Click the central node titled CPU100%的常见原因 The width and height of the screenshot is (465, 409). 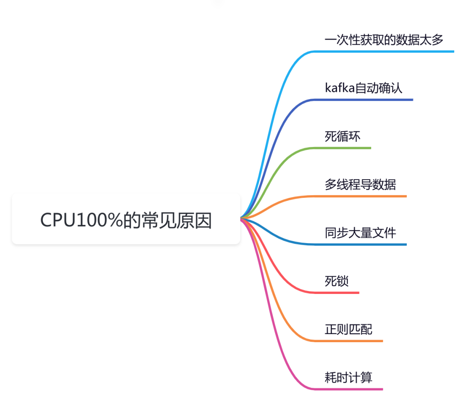(126, 220)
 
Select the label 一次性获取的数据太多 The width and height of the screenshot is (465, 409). (384, 40)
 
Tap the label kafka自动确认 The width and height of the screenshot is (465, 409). (363, 88)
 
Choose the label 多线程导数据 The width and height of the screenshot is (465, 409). (360, 185)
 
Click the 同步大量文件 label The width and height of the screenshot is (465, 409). (360, 233)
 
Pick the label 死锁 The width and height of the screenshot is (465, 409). (337, 281)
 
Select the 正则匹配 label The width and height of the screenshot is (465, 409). (348, 330)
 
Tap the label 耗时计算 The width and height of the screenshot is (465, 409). (348, 378)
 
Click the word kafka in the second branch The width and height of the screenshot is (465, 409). (339, 88)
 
